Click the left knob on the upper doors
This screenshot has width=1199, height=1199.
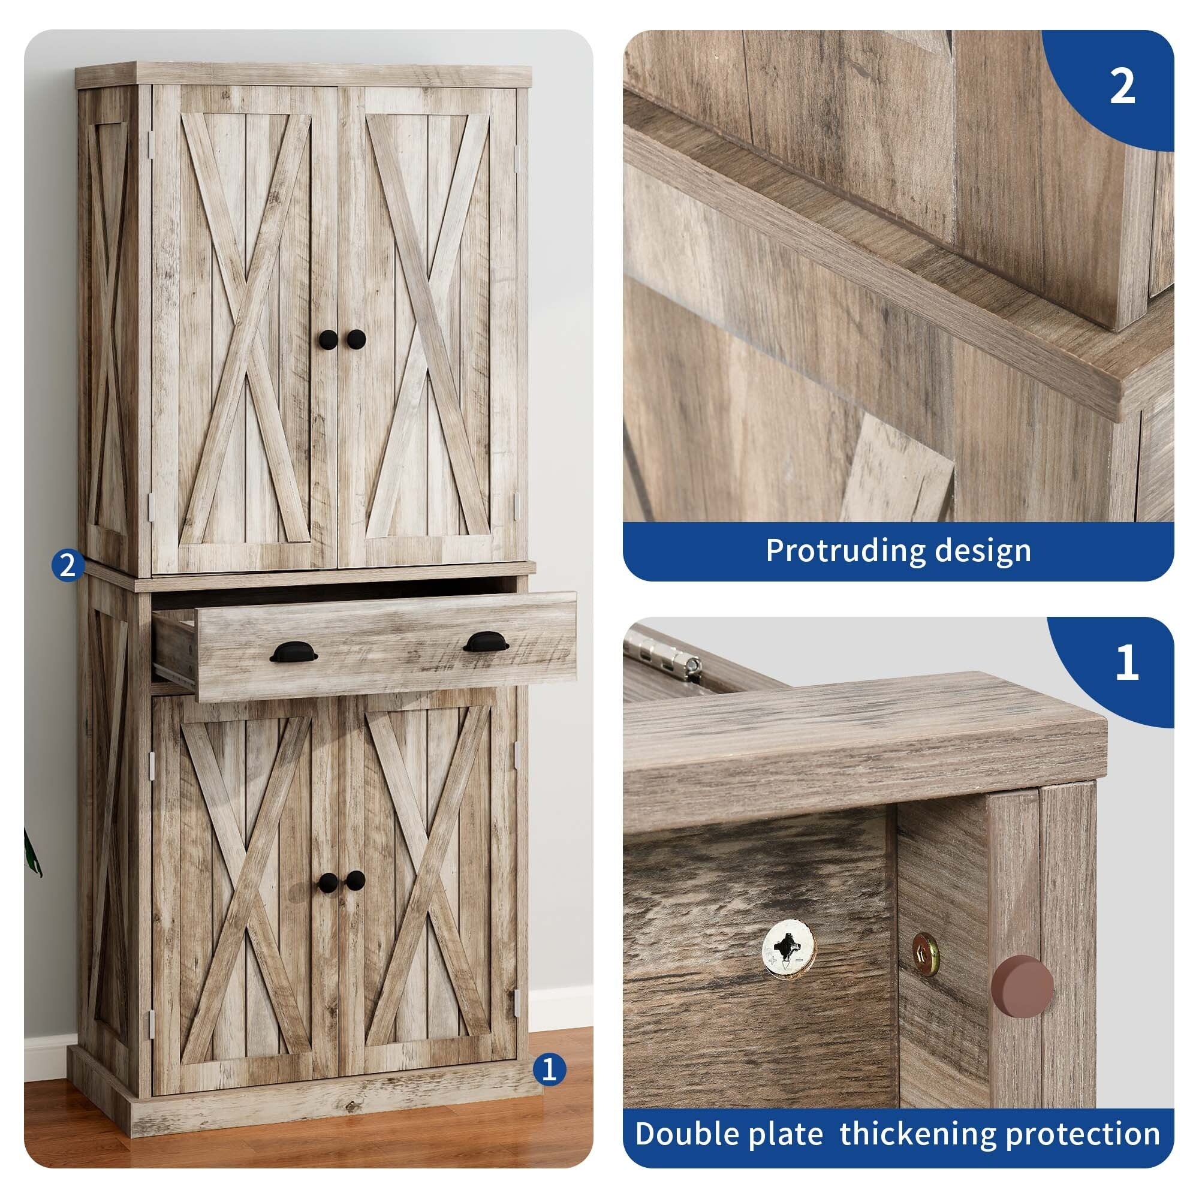point(329,339)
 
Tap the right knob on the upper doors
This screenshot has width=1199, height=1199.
point(356,339)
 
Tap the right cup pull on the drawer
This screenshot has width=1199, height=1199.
point(486,641)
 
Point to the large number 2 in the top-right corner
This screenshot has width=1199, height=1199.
point(1122,88)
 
